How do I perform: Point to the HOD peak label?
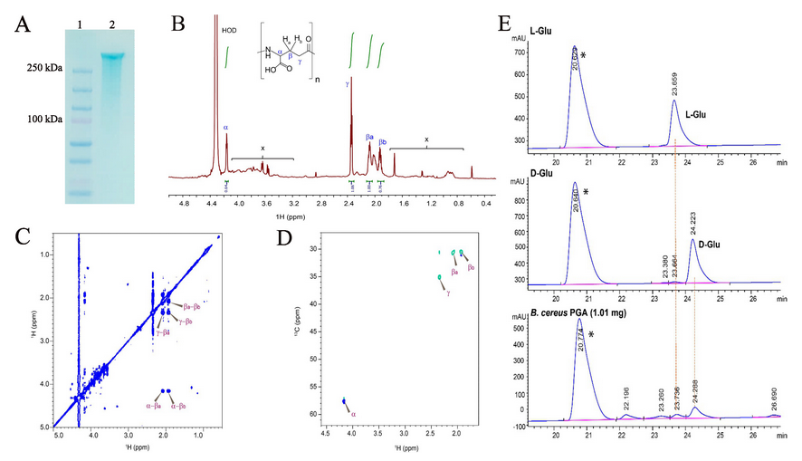(x=229, y=29)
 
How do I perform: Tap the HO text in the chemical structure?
(x=268, y=76)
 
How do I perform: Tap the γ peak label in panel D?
(x=447, y=293)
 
